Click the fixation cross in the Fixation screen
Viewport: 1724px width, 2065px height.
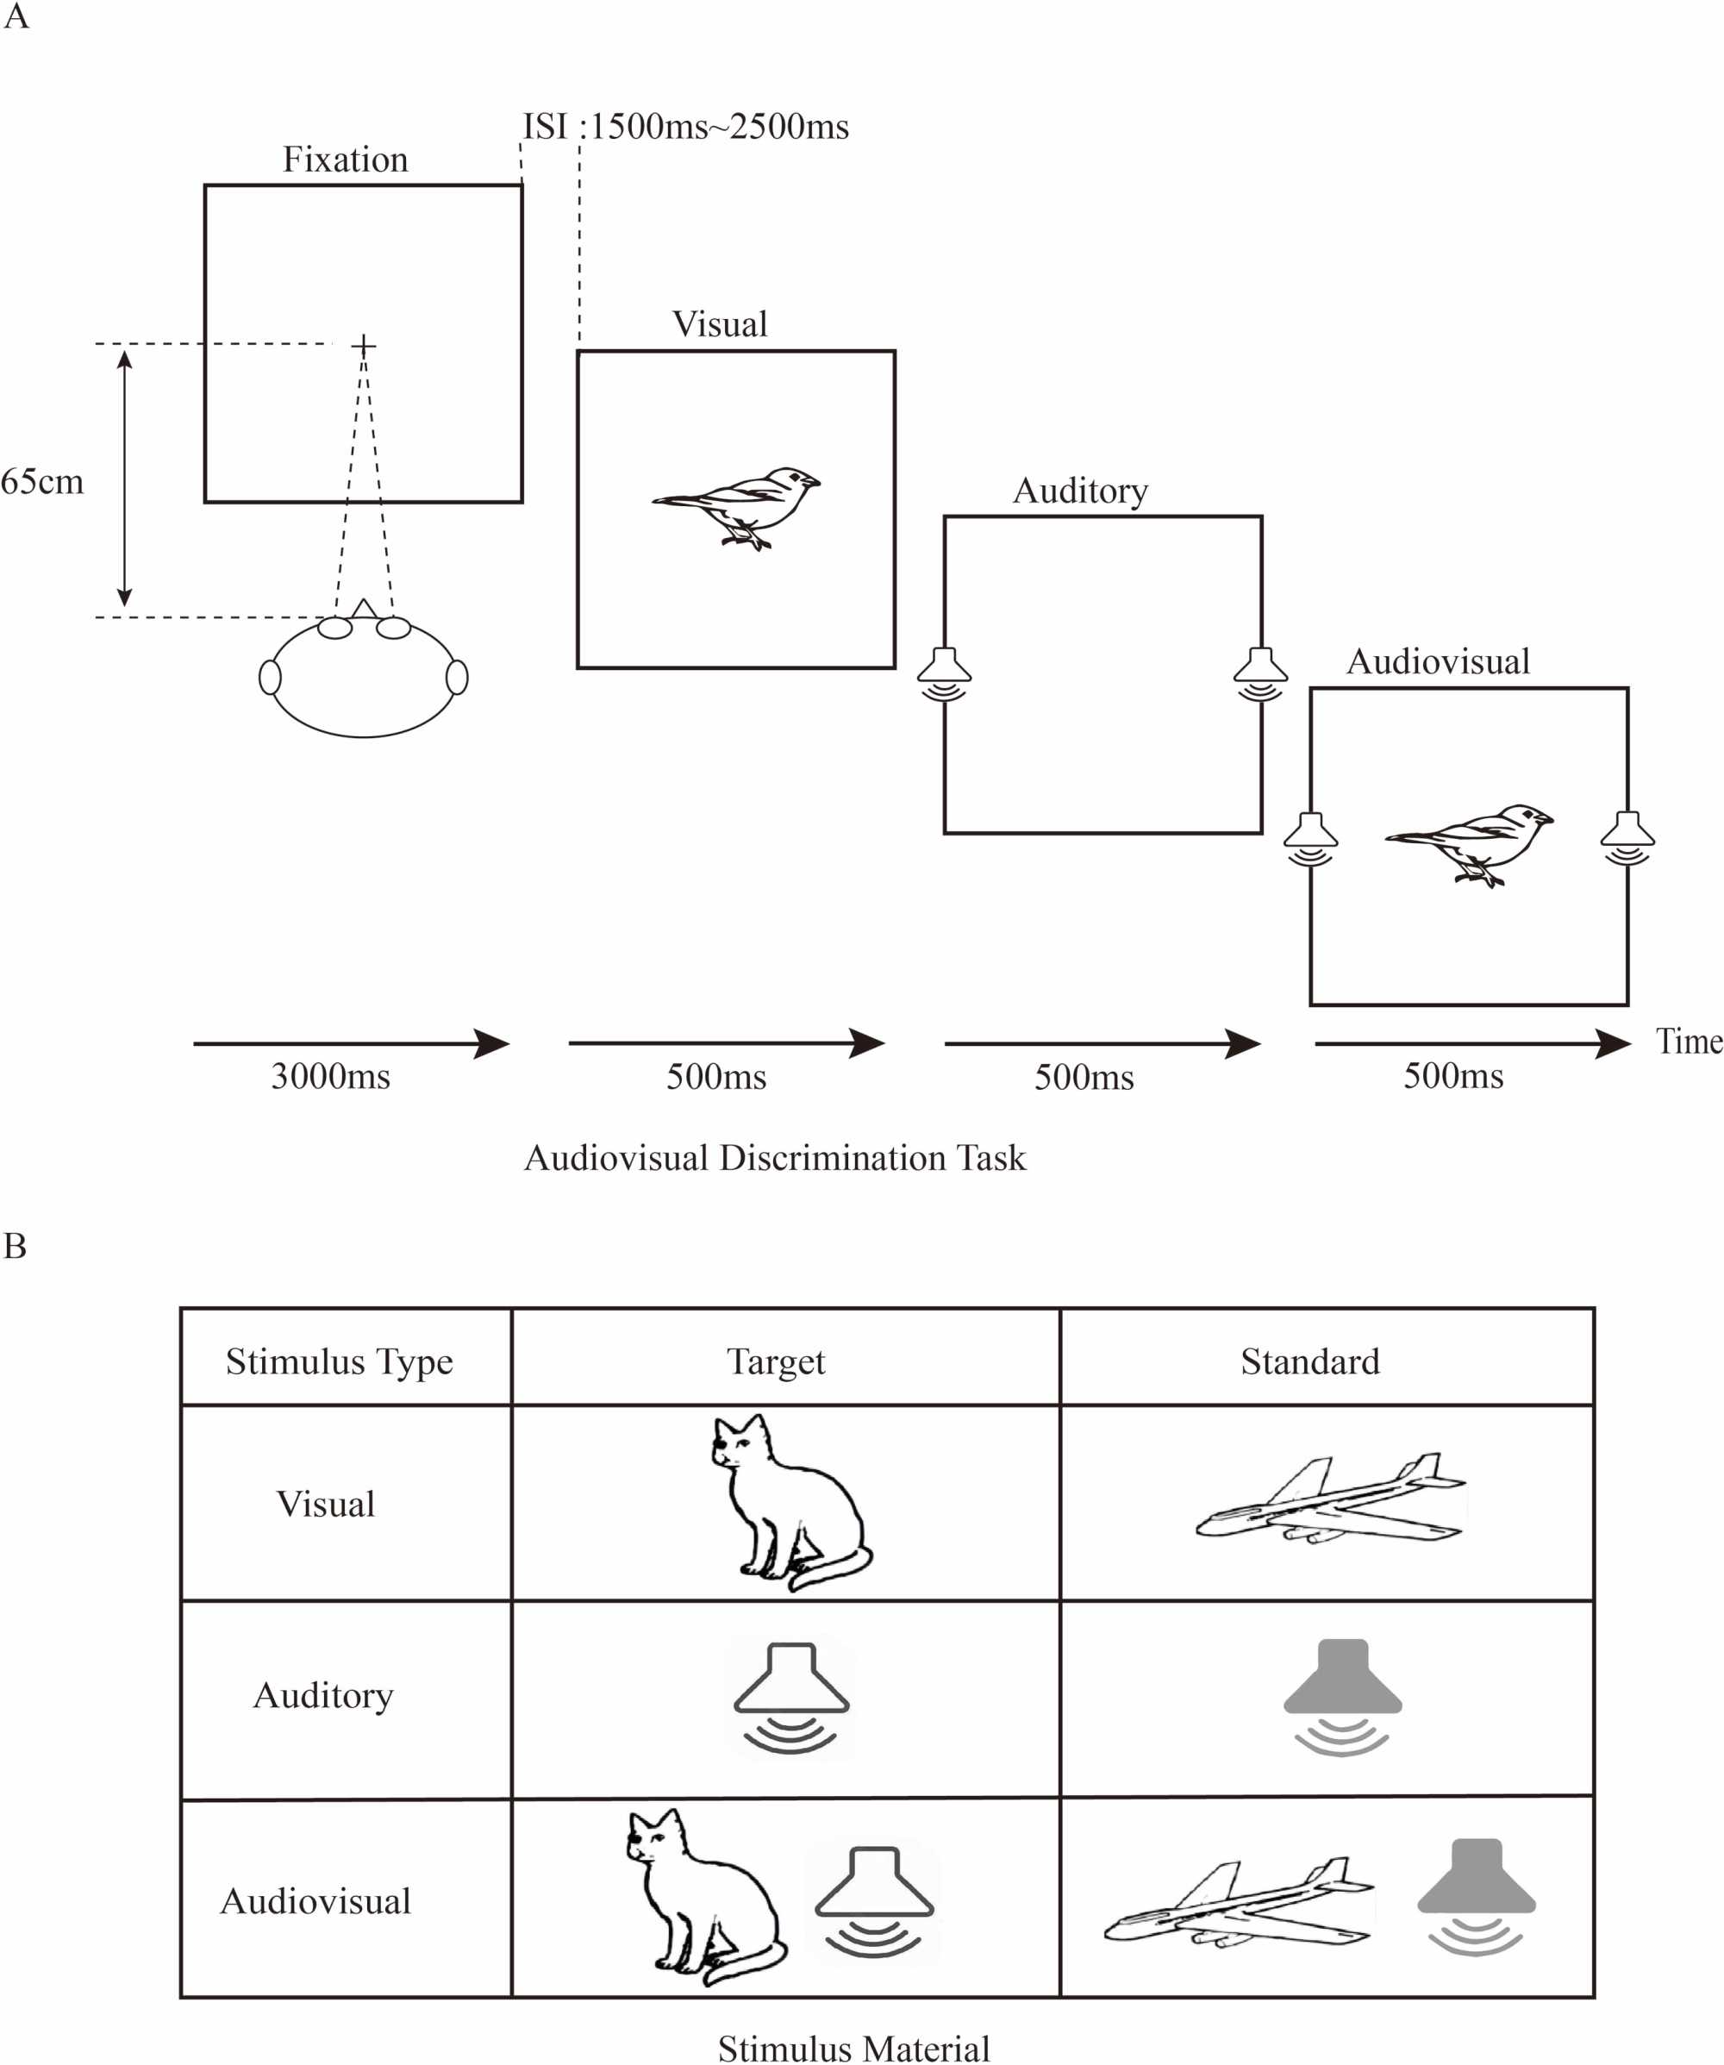tap(364, 346)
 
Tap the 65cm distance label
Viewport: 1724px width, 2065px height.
tap(42, 482)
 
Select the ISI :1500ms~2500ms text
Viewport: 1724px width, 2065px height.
tap(685, 127)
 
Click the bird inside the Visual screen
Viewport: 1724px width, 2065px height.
tap(737, 505)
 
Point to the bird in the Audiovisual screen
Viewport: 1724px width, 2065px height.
tap(1470, 842)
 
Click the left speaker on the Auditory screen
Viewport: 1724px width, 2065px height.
tap(944, 673)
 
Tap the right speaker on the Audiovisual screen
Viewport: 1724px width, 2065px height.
tap(1627, 837)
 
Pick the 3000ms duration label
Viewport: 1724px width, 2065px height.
tap(330, 1076)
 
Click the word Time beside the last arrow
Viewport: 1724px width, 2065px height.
tap(1689, 1042)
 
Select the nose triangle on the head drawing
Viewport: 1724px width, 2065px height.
tap(364, 610)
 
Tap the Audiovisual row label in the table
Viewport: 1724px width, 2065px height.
tap(315, 1901)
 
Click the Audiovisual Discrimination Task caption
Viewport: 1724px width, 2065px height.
tap(775, 1158)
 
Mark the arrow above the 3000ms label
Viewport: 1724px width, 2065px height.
tap(351, 1043)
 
